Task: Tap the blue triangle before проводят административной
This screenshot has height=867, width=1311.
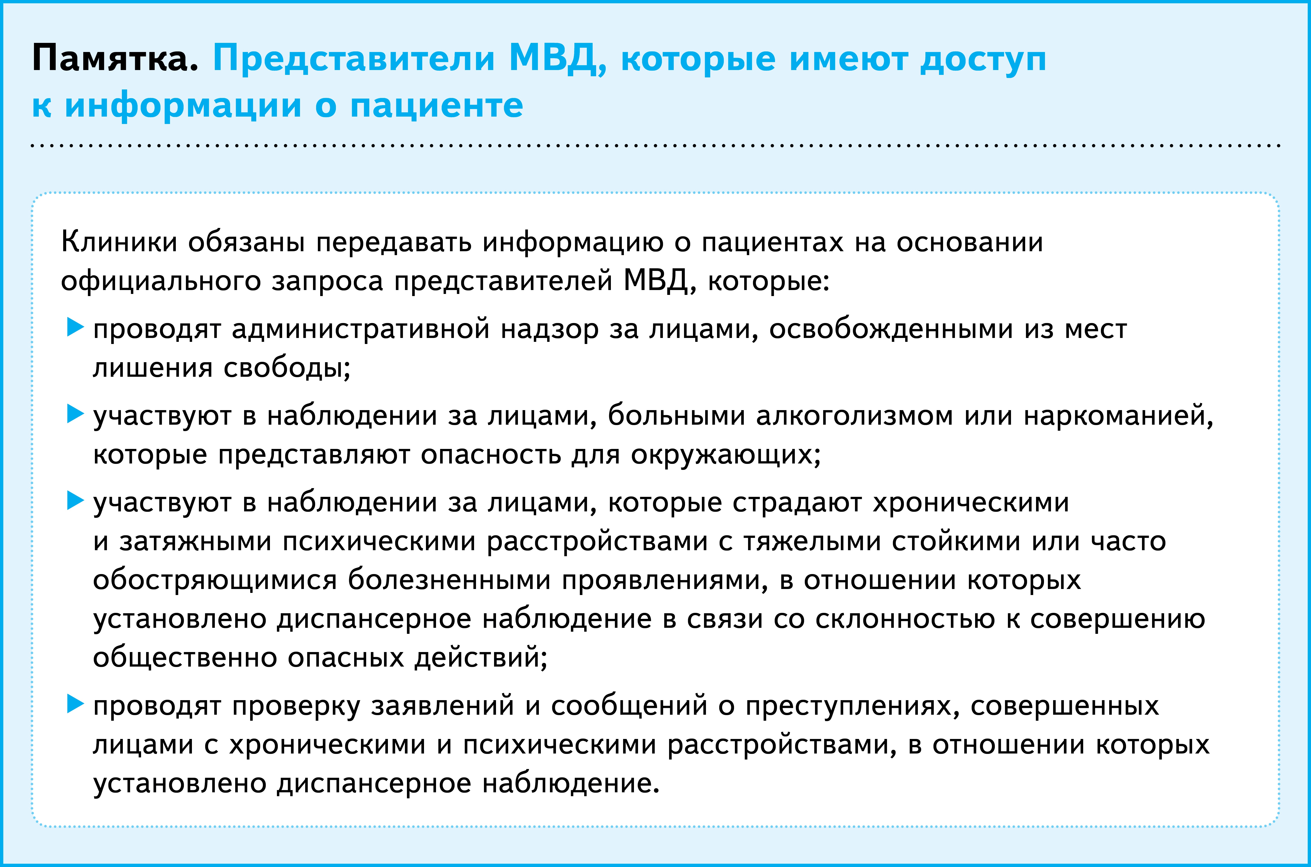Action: [x=75, y=327]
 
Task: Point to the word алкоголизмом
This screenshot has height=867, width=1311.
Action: [x=854, y=416]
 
